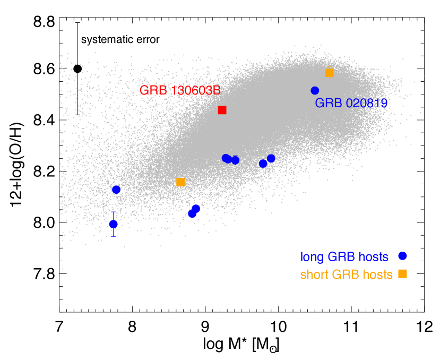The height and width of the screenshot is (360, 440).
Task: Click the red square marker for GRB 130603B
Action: (x=222, y=110)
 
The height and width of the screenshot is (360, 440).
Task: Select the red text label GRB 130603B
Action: (x=180, y=91)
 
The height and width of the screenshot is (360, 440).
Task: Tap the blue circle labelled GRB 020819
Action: (x=315, y=91)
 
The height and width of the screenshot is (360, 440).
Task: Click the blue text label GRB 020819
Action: (x=351, y=104)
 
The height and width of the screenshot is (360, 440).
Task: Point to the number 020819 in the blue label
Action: (x=367, y=104)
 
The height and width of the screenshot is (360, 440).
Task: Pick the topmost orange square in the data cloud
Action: (x=330, y=73)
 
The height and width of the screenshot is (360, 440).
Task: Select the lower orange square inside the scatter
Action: (x=180, y=182)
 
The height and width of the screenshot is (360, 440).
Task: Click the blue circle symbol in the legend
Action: (x=402, y=256)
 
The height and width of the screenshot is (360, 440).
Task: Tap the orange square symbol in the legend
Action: (x=403, y=274)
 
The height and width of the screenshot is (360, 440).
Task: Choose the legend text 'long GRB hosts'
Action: (x=344, y=258)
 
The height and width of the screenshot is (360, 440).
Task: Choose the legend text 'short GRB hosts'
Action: (x=346, y=275)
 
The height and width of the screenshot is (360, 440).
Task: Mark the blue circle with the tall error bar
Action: (x=113, y=224)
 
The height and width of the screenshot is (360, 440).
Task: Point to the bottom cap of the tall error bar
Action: (x=113, y=236)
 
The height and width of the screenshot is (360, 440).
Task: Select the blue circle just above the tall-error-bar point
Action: (x=116, y=190)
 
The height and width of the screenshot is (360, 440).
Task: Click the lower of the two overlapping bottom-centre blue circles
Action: (x=192, y=213)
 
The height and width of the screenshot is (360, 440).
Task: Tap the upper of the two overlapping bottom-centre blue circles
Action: (x=196, y=209)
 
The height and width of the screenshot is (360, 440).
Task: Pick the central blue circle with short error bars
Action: (x=235, y=160)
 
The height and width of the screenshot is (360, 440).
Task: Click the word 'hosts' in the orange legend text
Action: (x=377, y=275)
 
